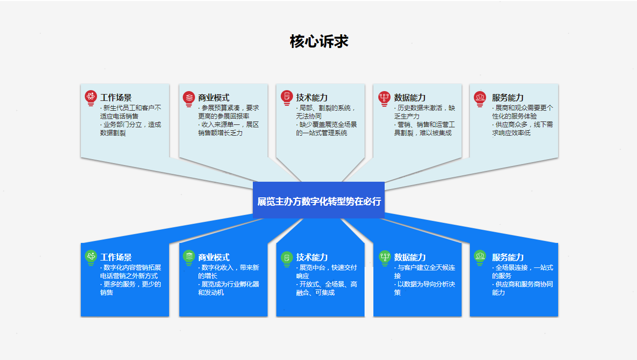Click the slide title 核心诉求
[319, 42]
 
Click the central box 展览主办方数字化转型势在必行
[319, 200]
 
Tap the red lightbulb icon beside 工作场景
[91, 98]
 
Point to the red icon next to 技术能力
[287, 98]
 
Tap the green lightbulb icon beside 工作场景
[91, 258]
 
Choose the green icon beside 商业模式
[189, 258]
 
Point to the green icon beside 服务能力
[480, 258]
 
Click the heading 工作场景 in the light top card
[116, 97]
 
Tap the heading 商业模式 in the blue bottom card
[214, 257]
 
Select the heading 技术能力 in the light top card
[312, 97]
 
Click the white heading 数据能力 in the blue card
[410, 257]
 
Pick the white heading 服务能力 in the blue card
[508, 257]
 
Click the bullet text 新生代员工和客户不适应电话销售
[130, 112]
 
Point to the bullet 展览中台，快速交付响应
[326, 271]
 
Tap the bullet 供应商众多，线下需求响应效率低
[522, 128]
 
